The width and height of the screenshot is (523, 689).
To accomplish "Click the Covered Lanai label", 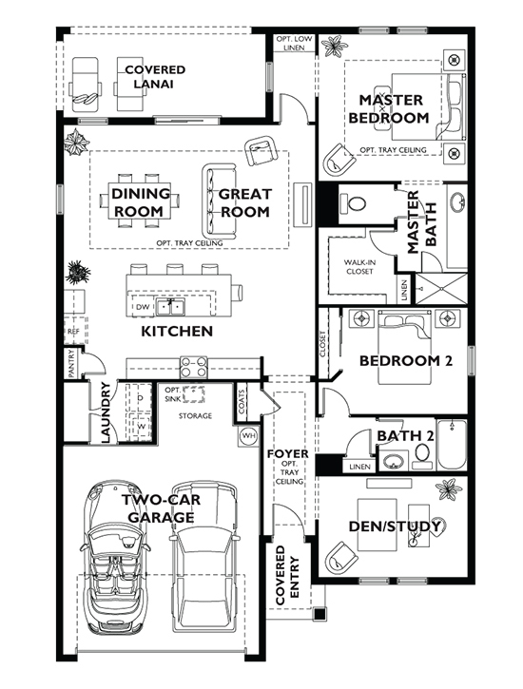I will (153, 77).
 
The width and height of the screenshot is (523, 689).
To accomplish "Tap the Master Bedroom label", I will (389, 109).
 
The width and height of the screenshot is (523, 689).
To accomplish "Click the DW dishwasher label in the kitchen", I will (143, 308).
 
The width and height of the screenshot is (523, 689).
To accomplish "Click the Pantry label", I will (72, 362).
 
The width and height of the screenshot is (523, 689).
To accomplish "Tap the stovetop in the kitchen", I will (194, 365).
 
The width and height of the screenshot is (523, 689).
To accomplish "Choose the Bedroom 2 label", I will (404, 360).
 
